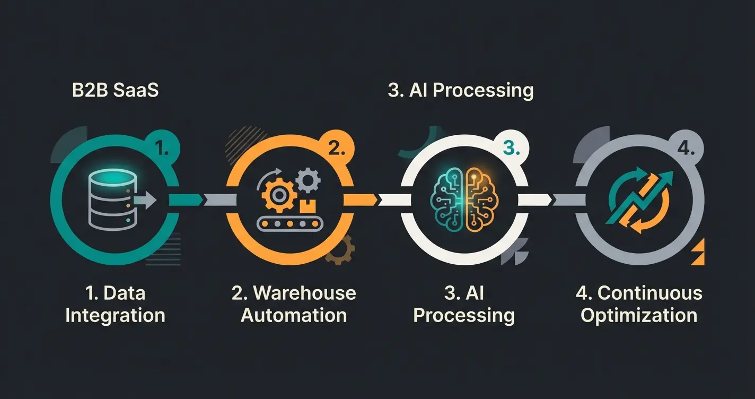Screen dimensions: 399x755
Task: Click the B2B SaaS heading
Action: pos(115,90)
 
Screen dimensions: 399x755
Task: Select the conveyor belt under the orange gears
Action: pos(289,223)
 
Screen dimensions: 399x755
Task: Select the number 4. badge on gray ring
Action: pos(686,149)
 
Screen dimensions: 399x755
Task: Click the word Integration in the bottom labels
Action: pos(115,316)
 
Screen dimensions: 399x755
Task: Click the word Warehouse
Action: pos(304,293)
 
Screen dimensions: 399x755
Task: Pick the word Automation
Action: pos(294,316)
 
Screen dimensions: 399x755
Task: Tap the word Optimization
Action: pos(639,316)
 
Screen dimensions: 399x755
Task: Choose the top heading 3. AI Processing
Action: pos(460,90)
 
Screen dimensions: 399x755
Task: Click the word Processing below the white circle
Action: pos(464,316)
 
